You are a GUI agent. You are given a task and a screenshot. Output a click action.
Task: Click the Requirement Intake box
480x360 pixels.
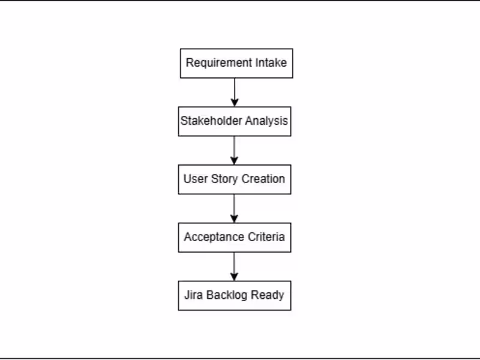click(236, 63)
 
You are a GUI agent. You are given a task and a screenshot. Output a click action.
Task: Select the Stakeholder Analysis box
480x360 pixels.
click(235, 121)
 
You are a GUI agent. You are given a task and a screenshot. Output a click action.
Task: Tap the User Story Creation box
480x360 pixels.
click(235, 179)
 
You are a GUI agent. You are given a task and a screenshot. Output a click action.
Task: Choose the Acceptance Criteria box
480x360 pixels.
click(235, 238)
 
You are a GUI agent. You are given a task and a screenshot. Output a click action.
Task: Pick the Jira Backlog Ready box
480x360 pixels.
click(235, 296)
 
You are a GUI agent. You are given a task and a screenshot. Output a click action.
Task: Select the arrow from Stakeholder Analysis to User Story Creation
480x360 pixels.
click(235, 150)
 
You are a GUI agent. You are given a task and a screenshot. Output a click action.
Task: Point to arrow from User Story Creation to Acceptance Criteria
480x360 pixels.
click(235, 208)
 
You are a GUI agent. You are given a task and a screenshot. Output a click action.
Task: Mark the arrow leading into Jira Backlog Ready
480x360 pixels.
click(235, 266)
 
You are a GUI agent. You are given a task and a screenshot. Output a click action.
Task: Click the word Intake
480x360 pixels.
click(272, 63)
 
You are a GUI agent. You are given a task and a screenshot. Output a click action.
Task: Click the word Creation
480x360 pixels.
click(262, 179)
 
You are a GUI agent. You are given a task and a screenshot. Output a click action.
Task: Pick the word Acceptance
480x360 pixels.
click(212, 238)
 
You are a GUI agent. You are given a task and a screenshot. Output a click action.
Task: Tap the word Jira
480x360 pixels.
click(194, 296)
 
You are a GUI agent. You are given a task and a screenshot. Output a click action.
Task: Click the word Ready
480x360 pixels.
click(268, 296)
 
